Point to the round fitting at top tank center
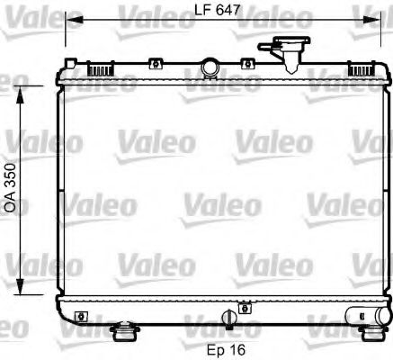tap(211, 66)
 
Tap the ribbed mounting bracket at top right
tap(361, 67)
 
